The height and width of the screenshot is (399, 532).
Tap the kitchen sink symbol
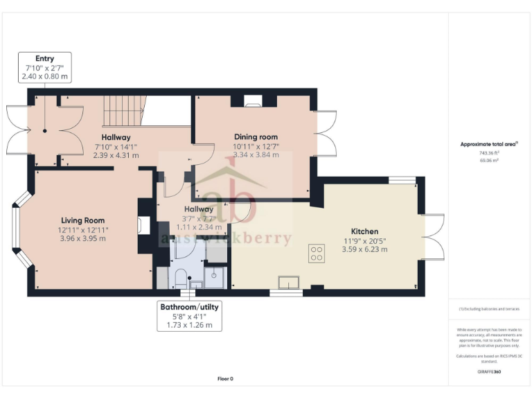(x=288, y=282)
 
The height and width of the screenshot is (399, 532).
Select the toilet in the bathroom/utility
(x=179, y=280)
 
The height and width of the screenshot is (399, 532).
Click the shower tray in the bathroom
(x=215, y=276)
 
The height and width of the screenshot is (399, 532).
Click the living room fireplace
(x=144, y=224)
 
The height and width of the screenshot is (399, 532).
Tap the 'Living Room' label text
(x=82, y=220)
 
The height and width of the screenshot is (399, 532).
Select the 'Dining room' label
(x=256, y=137)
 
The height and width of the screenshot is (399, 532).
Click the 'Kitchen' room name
(x=364, y=231)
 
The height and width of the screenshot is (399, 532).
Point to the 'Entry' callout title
(x=45, y=58)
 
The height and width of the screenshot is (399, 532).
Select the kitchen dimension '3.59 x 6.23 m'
(x=364, y=249)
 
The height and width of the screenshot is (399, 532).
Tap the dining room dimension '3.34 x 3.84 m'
(x=256, y=155)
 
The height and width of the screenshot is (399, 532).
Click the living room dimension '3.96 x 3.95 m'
(x=82, y=238)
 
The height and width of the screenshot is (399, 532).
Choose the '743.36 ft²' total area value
(x=490, y=153)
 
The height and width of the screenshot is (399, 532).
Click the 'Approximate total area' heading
(x=489, y=144)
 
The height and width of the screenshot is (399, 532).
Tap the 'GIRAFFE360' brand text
(x=489, y=372)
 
